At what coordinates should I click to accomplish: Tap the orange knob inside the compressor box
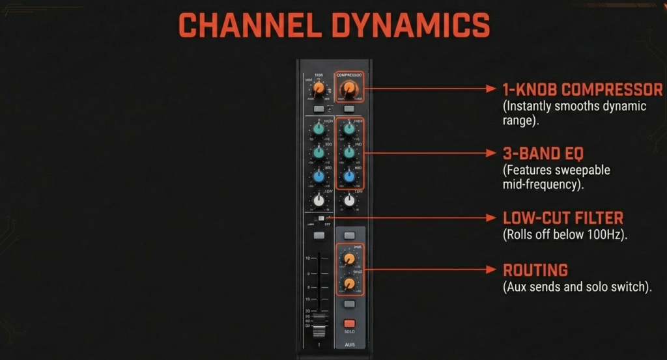349,89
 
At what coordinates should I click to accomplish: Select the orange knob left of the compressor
319,89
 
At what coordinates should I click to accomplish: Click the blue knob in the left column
319,177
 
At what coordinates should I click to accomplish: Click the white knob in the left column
319,201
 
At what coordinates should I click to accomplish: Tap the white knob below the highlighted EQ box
349,201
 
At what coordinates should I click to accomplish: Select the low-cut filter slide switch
320,218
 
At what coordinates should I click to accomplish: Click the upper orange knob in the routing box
349,259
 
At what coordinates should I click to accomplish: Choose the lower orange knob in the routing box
349,283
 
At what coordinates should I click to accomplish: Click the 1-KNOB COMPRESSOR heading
582,90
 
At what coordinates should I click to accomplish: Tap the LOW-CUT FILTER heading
563,218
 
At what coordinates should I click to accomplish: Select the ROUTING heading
535,270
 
